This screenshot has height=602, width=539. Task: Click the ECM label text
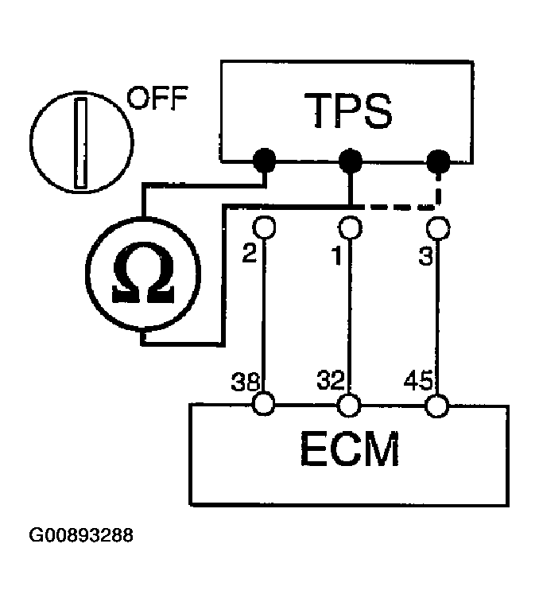tap(349, 451)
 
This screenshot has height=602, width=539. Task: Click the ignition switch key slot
tap(81, 144)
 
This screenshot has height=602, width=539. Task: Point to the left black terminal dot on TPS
tap(264, 161)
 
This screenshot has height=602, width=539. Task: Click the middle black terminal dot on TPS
tap(349, 161)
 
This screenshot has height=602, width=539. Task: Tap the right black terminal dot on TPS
tap(436, 162)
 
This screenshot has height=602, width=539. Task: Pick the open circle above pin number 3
tap(436, 227)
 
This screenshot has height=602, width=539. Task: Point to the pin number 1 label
tap(337, 256)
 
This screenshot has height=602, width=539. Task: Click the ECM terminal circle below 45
tap(436, 406)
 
